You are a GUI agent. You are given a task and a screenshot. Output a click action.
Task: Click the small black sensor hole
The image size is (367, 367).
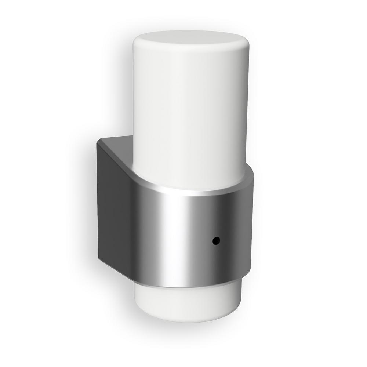pyautogui.click(x=216, y=241)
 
